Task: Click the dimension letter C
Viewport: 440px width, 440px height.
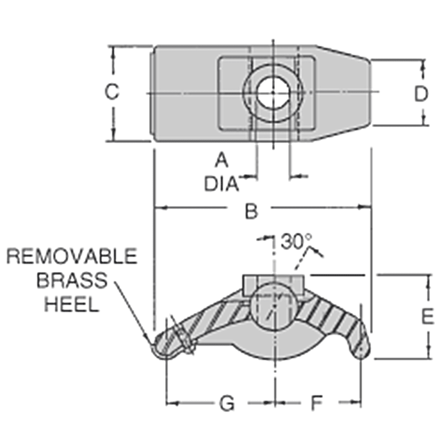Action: tap(112, 92)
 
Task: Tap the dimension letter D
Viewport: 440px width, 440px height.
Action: tap(420, 94)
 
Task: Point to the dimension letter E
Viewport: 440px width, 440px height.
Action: tap(427, 317)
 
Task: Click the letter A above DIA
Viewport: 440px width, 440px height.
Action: tap(221, 160)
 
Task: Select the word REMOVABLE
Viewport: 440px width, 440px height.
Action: tap(72, 257)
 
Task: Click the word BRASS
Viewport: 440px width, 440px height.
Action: tap(72, 280)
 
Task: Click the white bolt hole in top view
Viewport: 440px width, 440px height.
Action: tap(273, 93)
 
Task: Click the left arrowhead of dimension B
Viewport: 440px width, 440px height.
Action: tap(158, 207)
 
